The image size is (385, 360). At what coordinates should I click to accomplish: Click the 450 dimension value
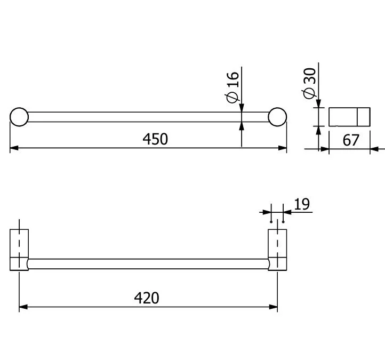pos(155,139)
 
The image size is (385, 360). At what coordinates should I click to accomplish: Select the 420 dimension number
pos(147,298)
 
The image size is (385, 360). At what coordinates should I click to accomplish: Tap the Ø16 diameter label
pos(232,87)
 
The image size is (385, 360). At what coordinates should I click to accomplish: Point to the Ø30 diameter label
pos(309,84)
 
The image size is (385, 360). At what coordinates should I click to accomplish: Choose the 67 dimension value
pos(351,140)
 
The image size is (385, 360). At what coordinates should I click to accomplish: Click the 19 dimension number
pos(302,204)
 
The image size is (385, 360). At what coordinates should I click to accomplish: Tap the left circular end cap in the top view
pos(19,117)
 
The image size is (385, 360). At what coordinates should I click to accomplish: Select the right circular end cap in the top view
pos(277,117)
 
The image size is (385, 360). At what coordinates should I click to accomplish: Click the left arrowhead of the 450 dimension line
pos(14,148)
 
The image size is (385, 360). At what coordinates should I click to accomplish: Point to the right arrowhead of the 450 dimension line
pos(283,148)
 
